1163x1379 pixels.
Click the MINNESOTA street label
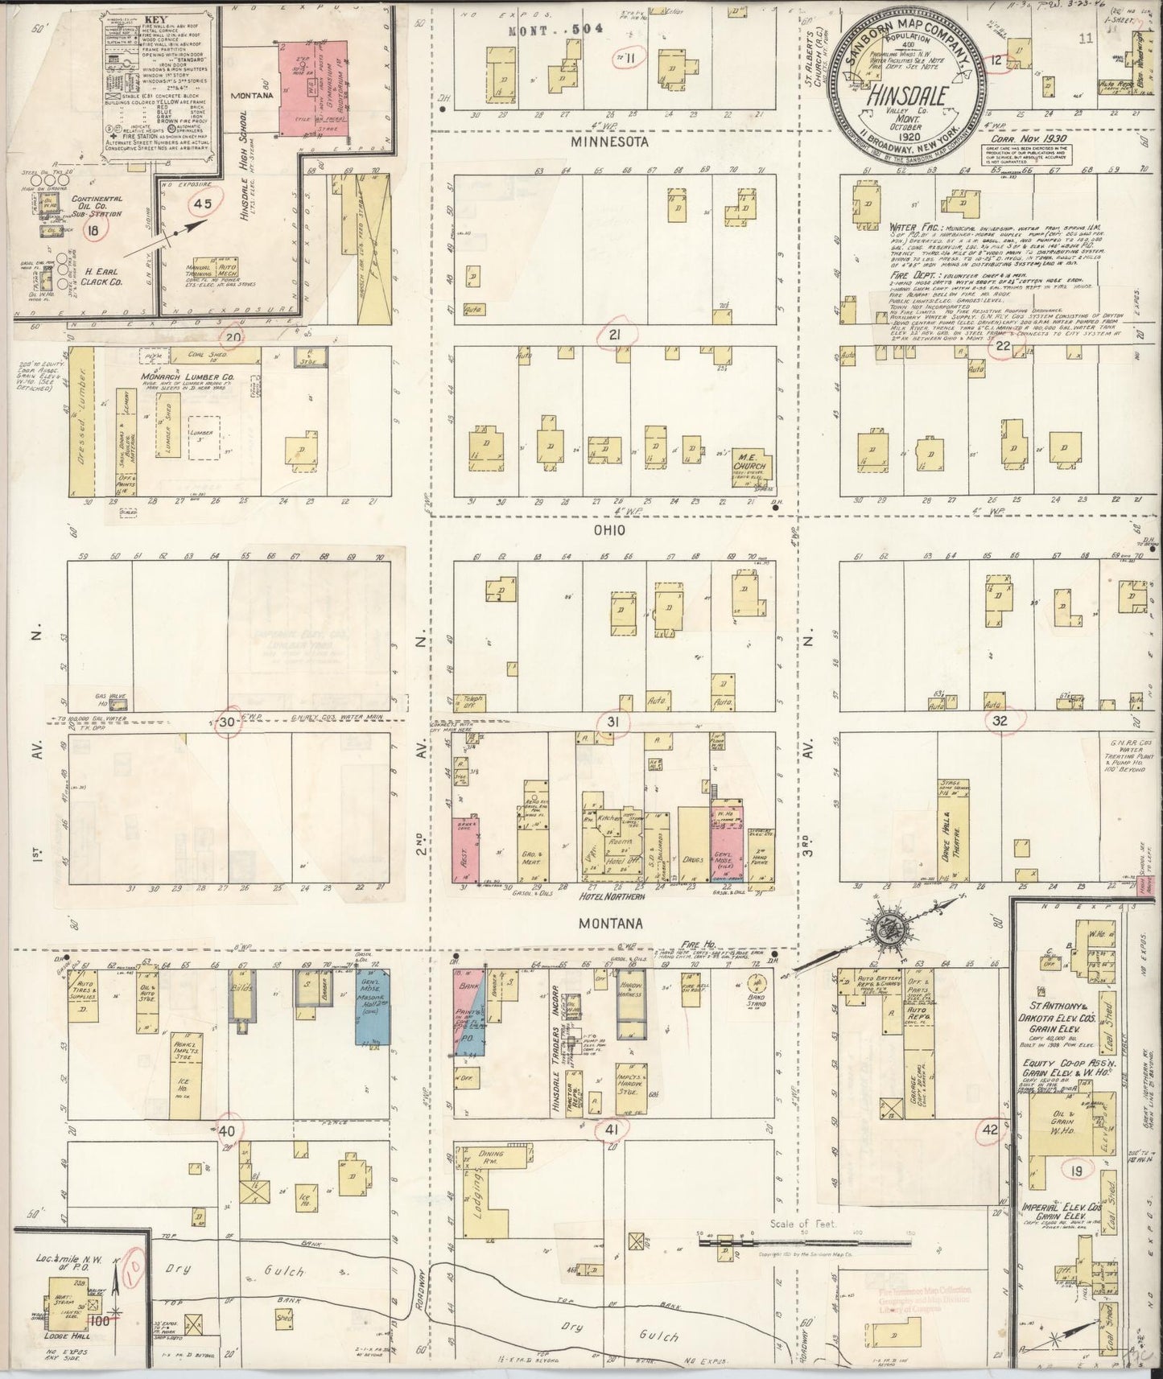(610, 142)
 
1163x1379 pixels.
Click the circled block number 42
(988, 1130)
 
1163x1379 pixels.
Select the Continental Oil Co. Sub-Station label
(97, 206)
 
